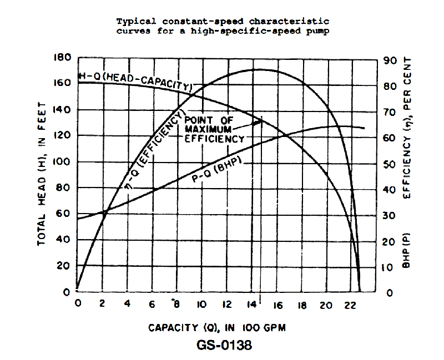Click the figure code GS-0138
pyautogui.click(x=224, y=345)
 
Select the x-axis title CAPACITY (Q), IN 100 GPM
pyautogui.click(x=216, y=328)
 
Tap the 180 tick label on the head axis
pyautogui.click(x=62, y=58)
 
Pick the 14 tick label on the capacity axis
pyautogui.click(x=251, y=305)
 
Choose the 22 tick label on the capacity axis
pyautogui.click(x=350, y=305)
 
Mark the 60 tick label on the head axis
pyautogui.click(x=65, y=214)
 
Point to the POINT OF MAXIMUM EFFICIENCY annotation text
pyautogui.click(x=214, y=130)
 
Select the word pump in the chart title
pyautogui.click(x=319, y=31)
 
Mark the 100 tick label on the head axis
pyautogui.click(x=62, y=162)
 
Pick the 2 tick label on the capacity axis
pyautogui.click(x=102, y=305)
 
